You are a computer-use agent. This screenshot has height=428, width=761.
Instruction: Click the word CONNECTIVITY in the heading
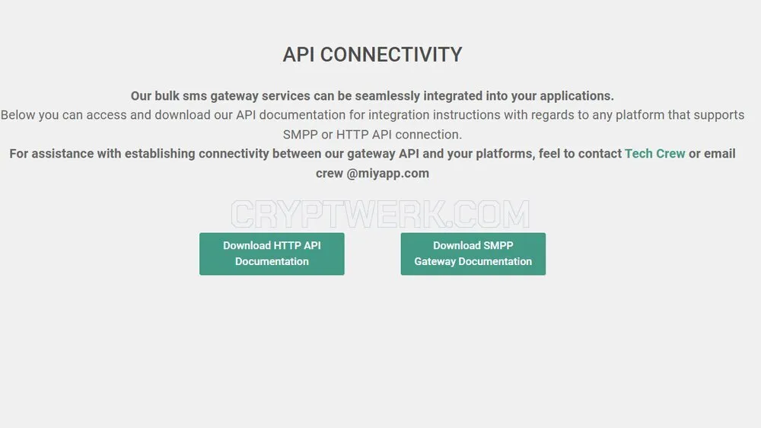tap(391, 54)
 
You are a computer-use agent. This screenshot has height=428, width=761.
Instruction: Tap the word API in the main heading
tap(298, 54)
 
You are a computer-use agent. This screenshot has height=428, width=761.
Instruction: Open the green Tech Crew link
tap(654, 154)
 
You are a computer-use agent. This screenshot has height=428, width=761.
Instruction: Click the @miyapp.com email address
tap(388, 174)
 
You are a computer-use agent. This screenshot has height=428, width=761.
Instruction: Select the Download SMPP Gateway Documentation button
tap(473, 254)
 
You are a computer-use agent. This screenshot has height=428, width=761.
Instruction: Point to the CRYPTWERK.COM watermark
tap(380, 214)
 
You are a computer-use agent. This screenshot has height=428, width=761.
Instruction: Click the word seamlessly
tap(387, 96)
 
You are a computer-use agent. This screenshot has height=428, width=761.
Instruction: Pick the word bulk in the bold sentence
tap(167, 96)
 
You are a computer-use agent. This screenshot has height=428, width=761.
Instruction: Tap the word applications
tap(577, 96)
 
